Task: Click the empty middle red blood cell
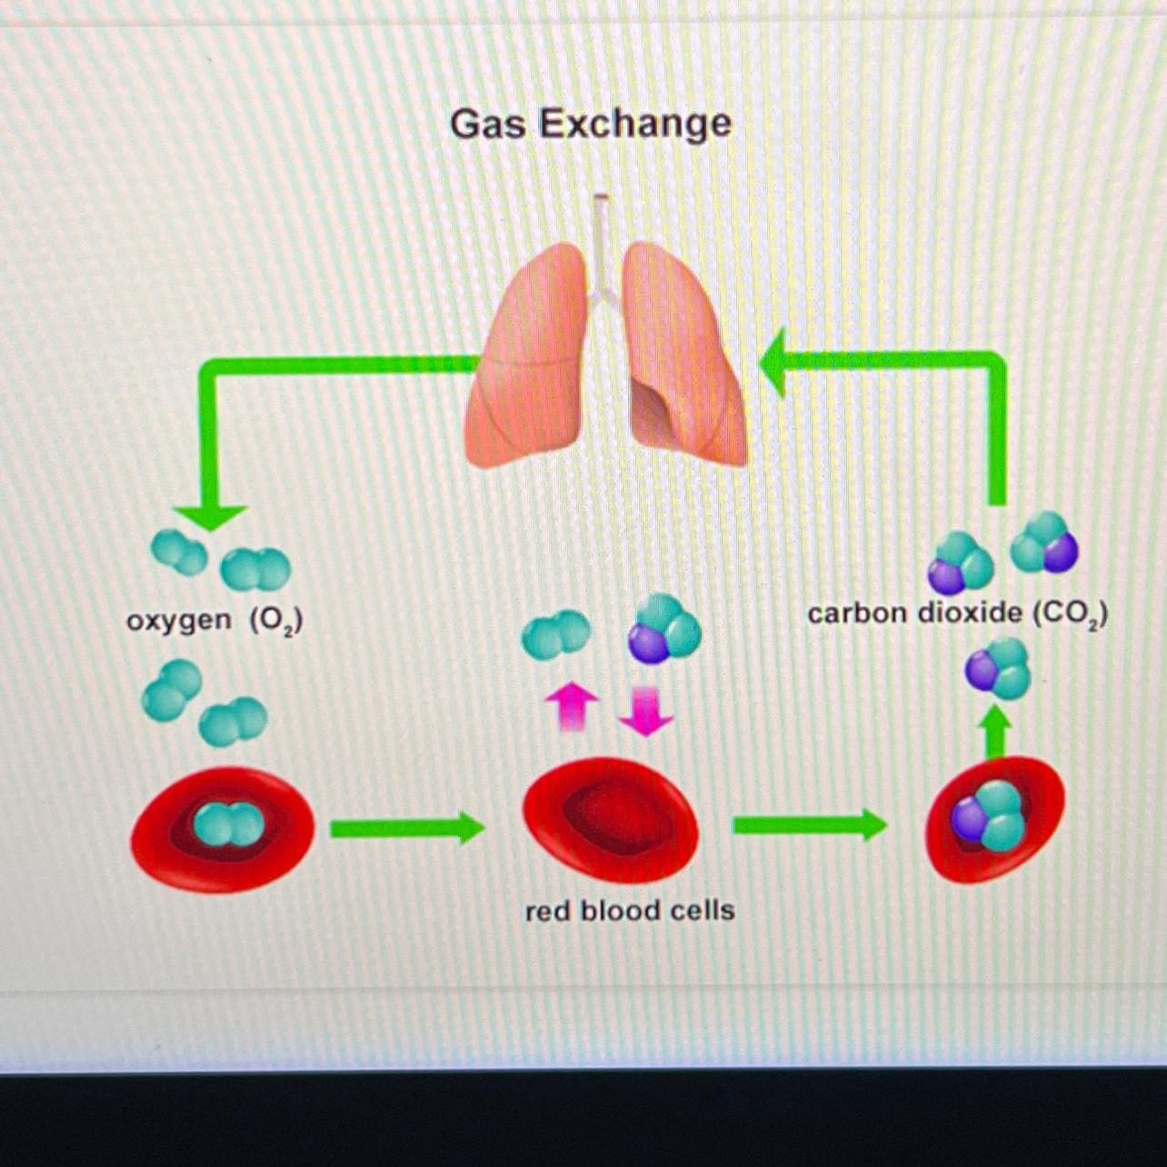point(610,820)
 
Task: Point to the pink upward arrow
point(571,707)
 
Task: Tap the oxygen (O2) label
point(214,622)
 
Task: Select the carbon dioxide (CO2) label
point(957,614)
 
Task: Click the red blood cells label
point(629,911)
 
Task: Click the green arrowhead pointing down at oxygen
point(209,515)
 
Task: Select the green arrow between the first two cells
point(406,828)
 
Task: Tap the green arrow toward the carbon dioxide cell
point(809,825)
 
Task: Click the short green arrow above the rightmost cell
point(996,731)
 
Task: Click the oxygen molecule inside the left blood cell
point(228,824)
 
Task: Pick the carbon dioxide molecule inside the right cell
point(989,814)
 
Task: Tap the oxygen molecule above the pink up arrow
point(555,634)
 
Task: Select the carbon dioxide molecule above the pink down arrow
point(664,628)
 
